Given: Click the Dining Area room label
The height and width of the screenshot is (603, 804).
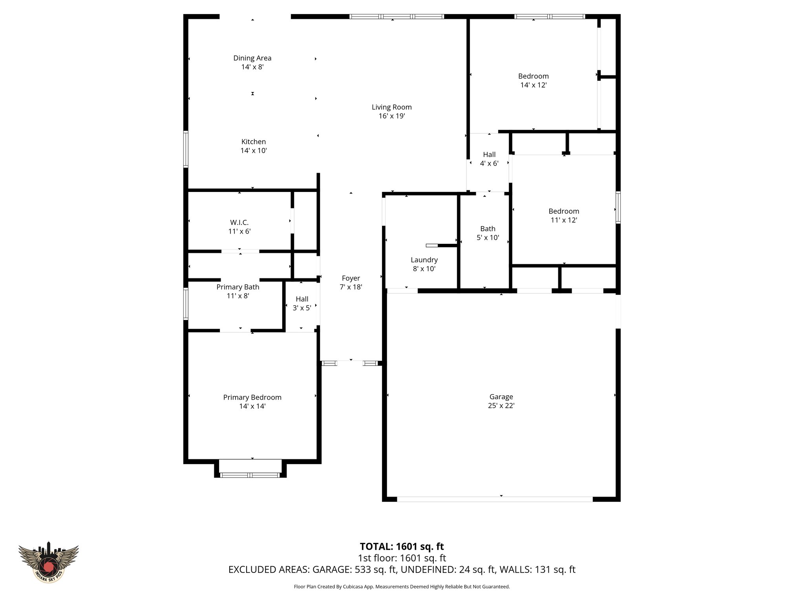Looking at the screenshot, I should (x=252, y=58).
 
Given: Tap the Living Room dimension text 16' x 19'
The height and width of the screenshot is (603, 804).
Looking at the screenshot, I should (x=391, y=116).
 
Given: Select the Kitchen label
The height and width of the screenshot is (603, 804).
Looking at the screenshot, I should (x=253, y=142).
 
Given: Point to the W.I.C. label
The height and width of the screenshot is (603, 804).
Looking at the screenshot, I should (x=239, y=223).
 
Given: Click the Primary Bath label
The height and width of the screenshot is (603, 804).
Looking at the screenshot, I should (x=238, y=287).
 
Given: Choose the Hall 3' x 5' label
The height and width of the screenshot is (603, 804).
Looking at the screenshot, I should (x=302, y=303).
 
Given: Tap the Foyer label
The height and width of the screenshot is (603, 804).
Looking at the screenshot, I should (x=351, y=278).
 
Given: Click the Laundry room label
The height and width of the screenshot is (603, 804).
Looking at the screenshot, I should (x=424, y=260).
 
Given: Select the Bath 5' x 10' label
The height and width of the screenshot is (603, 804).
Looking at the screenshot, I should (x=488, y=233).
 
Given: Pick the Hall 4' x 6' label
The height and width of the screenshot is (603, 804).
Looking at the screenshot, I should (x=489, y=159).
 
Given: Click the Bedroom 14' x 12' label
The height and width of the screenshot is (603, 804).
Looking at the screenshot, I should (x=533, y=80).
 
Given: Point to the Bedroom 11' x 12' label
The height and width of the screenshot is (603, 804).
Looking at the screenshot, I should (x=564, y=216).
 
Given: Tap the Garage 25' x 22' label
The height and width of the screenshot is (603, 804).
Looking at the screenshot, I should (x=501, y=401).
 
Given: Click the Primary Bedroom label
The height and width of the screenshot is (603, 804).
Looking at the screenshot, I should (x=252, y=397).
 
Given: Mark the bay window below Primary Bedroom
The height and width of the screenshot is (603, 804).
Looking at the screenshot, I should (x=250, y=475).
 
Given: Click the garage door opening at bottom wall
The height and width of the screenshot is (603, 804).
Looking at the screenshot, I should (x=495, y=499).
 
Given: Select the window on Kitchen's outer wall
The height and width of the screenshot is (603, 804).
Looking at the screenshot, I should (x=186, y=149).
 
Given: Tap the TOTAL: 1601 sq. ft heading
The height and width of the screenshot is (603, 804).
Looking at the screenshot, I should (x=402, y=546).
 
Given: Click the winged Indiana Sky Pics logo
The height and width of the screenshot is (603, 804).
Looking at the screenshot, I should (x=48, y=562).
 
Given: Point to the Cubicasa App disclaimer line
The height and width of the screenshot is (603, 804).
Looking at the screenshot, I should (x=402, y=587).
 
